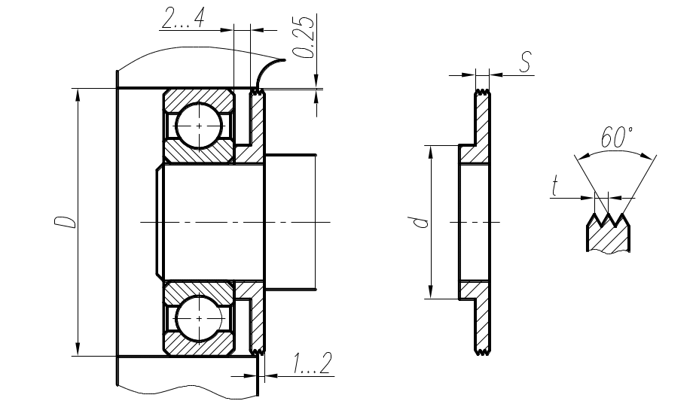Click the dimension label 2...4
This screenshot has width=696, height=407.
183,20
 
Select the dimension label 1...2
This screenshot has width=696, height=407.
312,363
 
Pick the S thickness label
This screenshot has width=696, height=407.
525,62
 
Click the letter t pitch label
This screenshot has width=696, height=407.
554,186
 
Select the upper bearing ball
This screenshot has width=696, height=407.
199,126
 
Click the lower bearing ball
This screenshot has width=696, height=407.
199,318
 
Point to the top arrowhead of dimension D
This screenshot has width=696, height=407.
78,95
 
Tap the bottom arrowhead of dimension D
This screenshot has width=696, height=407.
78,349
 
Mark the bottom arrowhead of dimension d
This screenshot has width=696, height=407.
430,293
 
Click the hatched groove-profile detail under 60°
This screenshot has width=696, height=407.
608,233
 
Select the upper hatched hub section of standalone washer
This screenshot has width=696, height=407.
474,154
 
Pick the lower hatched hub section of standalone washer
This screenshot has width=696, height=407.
474,290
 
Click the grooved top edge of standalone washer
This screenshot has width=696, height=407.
483,93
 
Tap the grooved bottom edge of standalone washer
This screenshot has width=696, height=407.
483,353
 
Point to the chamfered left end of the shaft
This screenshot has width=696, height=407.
160,222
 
